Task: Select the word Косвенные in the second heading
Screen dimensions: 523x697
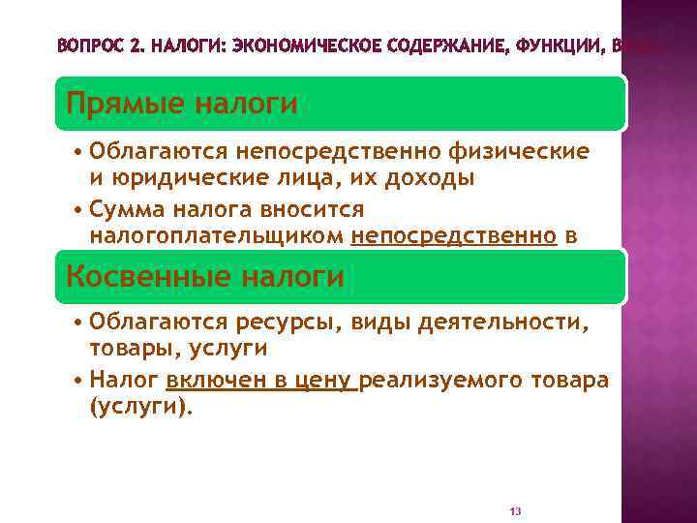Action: [133, 277]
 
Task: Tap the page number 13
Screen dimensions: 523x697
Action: [515, 510]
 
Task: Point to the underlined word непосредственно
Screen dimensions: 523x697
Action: [454, 235]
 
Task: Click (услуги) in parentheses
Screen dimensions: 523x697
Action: [140, 407]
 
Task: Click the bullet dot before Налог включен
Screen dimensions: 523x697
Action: [76, 381]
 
